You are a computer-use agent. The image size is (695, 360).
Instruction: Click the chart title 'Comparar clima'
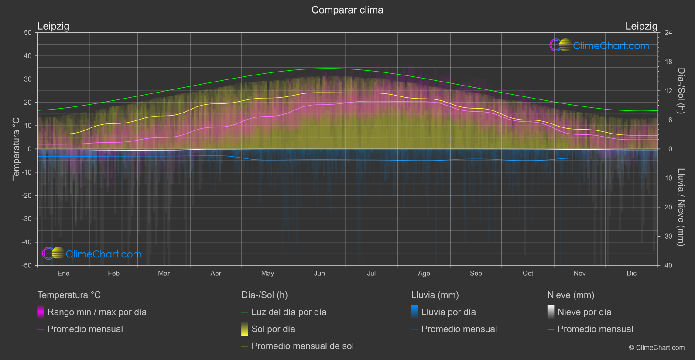click(347, 10)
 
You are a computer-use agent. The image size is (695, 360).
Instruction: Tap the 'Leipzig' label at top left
click(53, 26)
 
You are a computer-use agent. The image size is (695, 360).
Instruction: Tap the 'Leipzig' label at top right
click(641, 26)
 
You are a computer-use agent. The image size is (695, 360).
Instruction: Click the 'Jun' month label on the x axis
click(319, 273)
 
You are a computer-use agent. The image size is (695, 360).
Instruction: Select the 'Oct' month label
click(527, 273)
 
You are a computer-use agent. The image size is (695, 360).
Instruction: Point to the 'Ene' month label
click(64, 273)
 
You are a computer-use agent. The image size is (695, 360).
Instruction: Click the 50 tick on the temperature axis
click(28, 33)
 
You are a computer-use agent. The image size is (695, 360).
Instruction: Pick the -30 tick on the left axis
click(27, 219)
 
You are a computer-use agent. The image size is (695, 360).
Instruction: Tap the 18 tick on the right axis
click(668, 62)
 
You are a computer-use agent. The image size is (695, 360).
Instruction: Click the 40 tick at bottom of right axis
click(668, 265)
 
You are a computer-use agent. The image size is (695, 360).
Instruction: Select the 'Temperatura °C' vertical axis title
click(16, 148)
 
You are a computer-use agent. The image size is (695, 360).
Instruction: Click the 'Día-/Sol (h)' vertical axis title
click(681, 91)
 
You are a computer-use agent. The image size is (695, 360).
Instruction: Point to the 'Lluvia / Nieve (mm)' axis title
click(681, 207)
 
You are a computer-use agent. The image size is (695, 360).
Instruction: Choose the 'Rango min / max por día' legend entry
click(97, 312)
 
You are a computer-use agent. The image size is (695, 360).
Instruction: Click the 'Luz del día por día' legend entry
click(289, 312)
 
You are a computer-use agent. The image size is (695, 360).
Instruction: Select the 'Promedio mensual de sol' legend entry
click(302, 346)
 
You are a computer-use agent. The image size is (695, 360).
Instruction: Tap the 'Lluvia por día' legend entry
click(448, 312)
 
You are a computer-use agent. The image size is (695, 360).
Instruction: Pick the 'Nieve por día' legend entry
click(584, 312)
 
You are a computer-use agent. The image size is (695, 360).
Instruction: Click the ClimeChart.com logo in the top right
click(599, 45)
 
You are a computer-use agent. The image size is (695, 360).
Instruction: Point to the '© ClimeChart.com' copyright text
click(657, 347)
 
